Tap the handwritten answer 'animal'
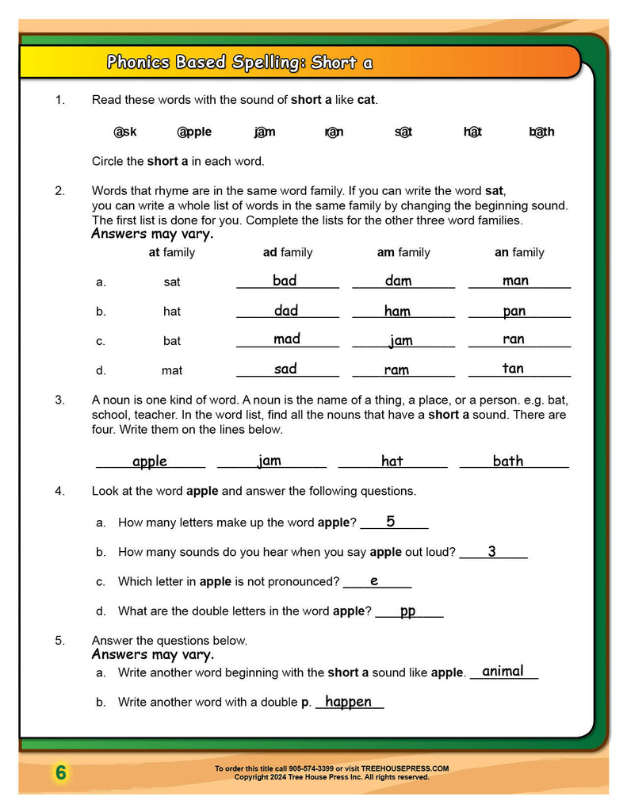[503, 671]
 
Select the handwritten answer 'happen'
[348, 701]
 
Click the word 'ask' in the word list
[125, 132]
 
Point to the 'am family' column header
[403, 252]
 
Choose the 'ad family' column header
[288, 252]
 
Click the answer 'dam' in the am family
[398, 280]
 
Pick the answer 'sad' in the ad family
[285, 368]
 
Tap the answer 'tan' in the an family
[513, 368]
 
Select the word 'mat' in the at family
[172, 370]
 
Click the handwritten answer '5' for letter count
[391, 521]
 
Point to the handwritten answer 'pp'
[407, 611]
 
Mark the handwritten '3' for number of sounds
[491, 551]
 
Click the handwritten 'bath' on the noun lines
[508, 461]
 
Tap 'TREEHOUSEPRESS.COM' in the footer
[411, 768]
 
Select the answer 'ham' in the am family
[397, 311]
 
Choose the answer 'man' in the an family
[515, 280]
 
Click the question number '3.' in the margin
[59, 400]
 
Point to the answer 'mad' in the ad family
[286, 339]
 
